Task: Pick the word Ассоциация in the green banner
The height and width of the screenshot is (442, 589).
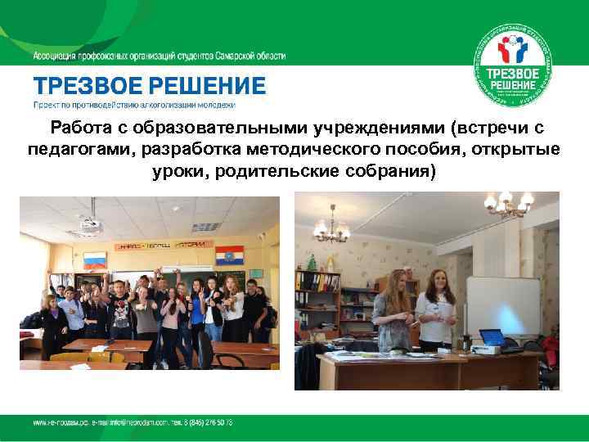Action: tap(55, 56)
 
